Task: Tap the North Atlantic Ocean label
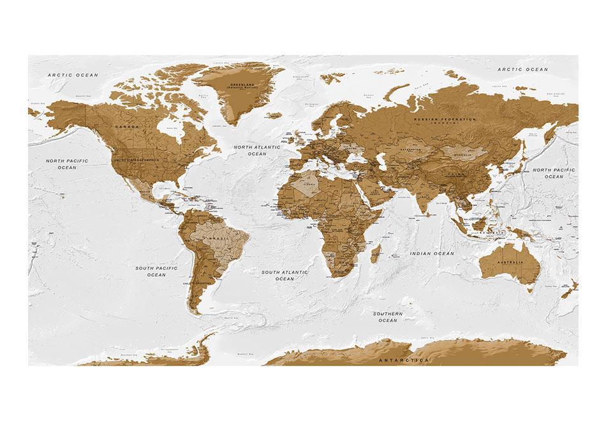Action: click(x=256, y=151)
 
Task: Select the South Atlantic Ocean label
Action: click(x=285, y=275)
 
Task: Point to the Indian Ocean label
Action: click(x=432, y=253)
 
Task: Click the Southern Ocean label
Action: click(x=388, y=317)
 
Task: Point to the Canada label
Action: click(x=126, y=127)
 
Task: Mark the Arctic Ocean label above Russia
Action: click(x=522, y=69)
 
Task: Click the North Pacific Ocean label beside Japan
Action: click(x=554, y=173)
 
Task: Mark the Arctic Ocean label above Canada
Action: click(x=73, y=75)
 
